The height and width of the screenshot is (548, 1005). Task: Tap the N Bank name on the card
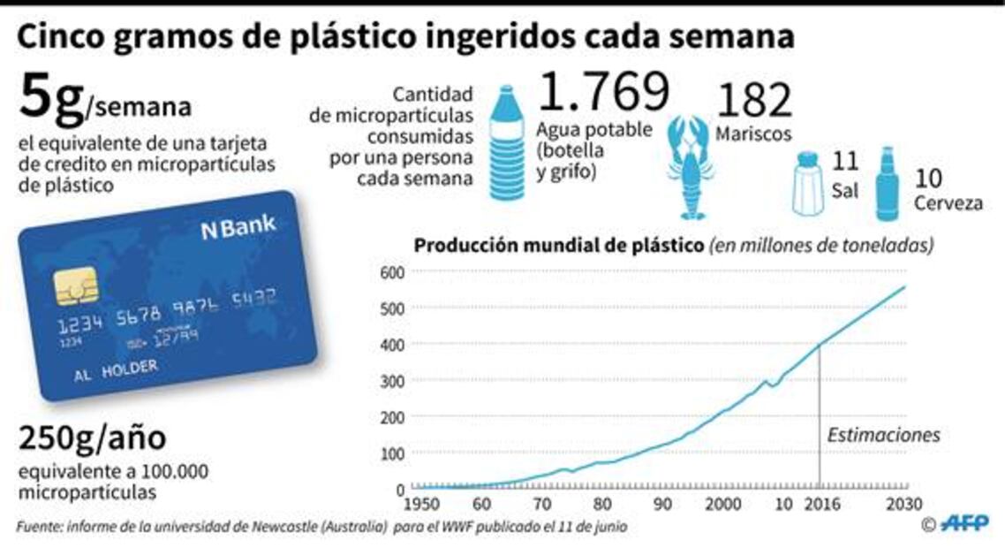238,228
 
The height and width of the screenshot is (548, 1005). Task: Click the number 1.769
603,94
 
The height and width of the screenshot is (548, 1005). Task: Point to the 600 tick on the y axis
391,271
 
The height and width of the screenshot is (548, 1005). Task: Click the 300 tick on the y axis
391,380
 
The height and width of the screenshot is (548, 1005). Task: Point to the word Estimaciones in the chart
883,435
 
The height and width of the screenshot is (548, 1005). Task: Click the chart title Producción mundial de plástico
559,245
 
